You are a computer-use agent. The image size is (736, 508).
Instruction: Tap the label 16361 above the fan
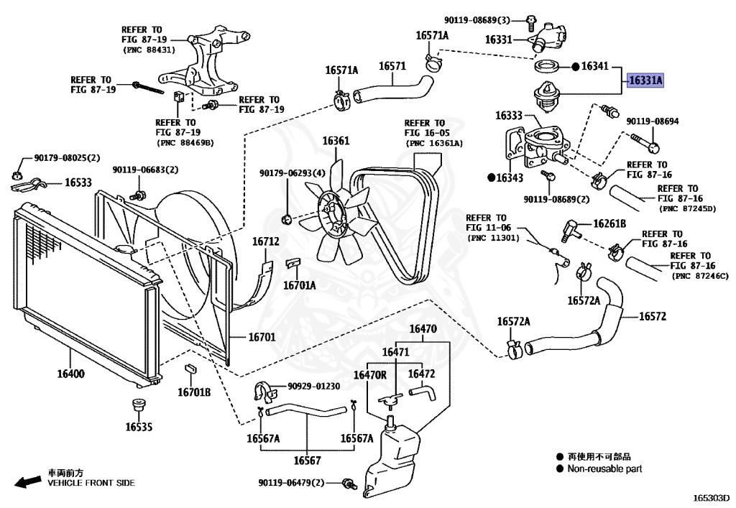(335, 141)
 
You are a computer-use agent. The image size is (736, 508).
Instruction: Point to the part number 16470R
(369, 374)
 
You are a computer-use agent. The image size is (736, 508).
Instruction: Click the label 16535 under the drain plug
(139, 426)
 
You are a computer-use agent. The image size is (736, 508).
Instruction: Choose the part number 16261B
(609, 223)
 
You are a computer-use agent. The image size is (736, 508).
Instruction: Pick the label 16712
(265, 241)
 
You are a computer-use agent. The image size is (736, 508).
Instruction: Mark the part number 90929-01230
(315, 387)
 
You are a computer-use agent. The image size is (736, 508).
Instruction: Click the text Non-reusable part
(604, 468)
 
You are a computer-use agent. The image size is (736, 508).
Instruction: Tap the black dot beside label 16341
(576, 66)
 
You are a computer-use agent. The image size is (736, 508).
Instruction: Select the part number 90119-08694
(652, 121)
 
